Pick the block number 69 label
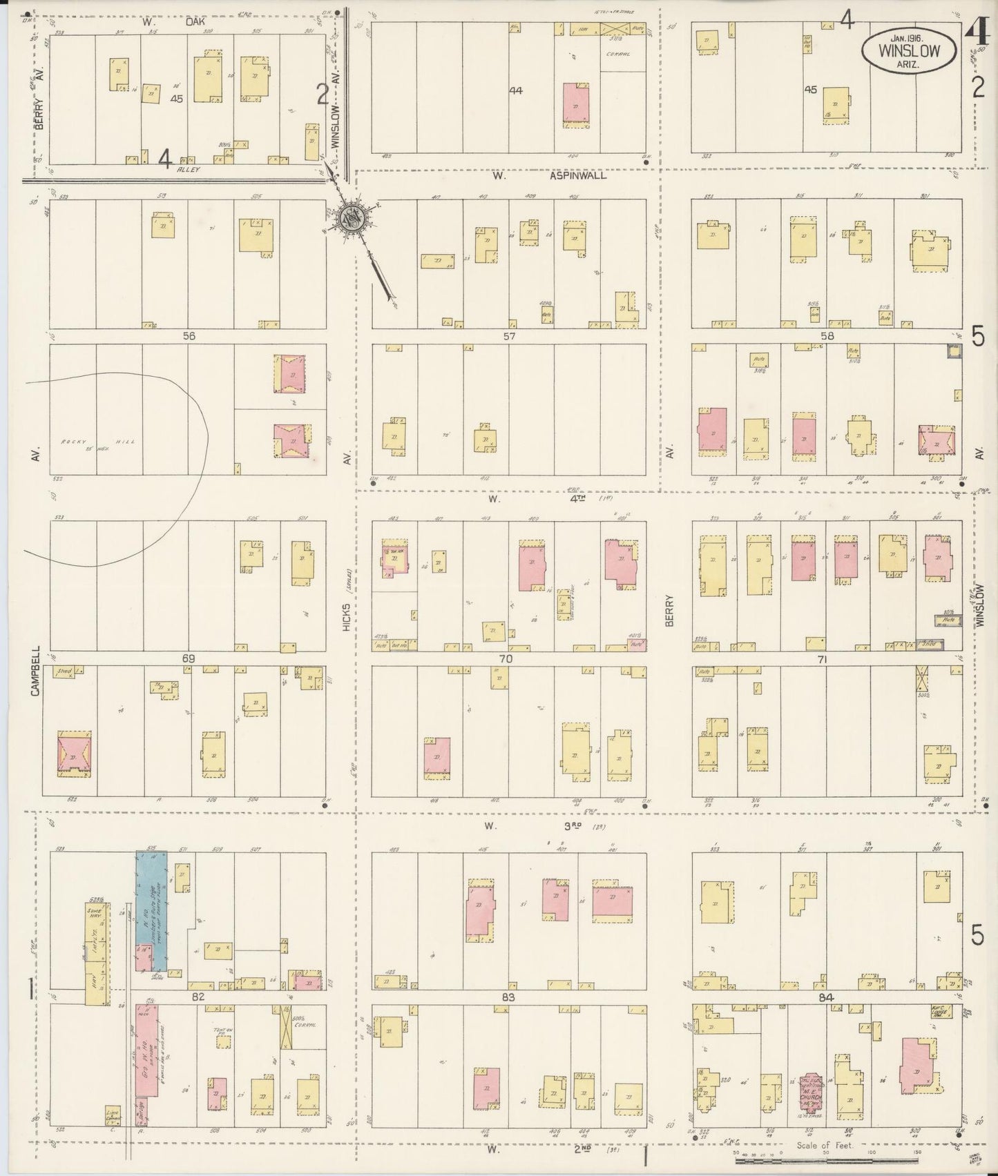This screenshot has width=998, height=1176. coord(188,658)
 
